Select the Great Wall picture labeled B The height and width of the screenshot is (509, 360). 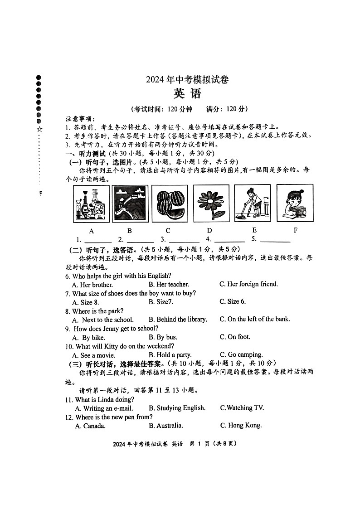coord(130,203)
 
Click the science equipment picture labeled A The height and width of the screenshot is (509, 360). coord(91,204)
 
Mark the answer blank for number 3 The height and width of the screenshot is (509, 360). coord(184,240)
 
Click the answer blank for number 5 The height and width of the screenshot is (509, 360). coord(275,240)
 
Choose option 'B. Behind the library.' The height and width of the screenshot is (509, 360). coord(178,320)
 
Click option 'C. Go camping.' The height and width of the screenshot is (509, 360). coord(241,355)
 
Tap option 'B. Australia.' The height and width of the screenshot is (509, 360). coord(166,426)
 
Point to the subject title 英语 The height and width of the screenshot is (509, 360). coord(187,94)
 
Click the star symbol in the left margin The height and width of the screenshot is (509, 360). coord(39,129)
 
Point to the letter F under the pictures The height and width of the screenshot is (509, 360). coord(296,230)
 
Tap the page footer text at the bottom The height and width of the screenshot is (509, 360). coord(175,444)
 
